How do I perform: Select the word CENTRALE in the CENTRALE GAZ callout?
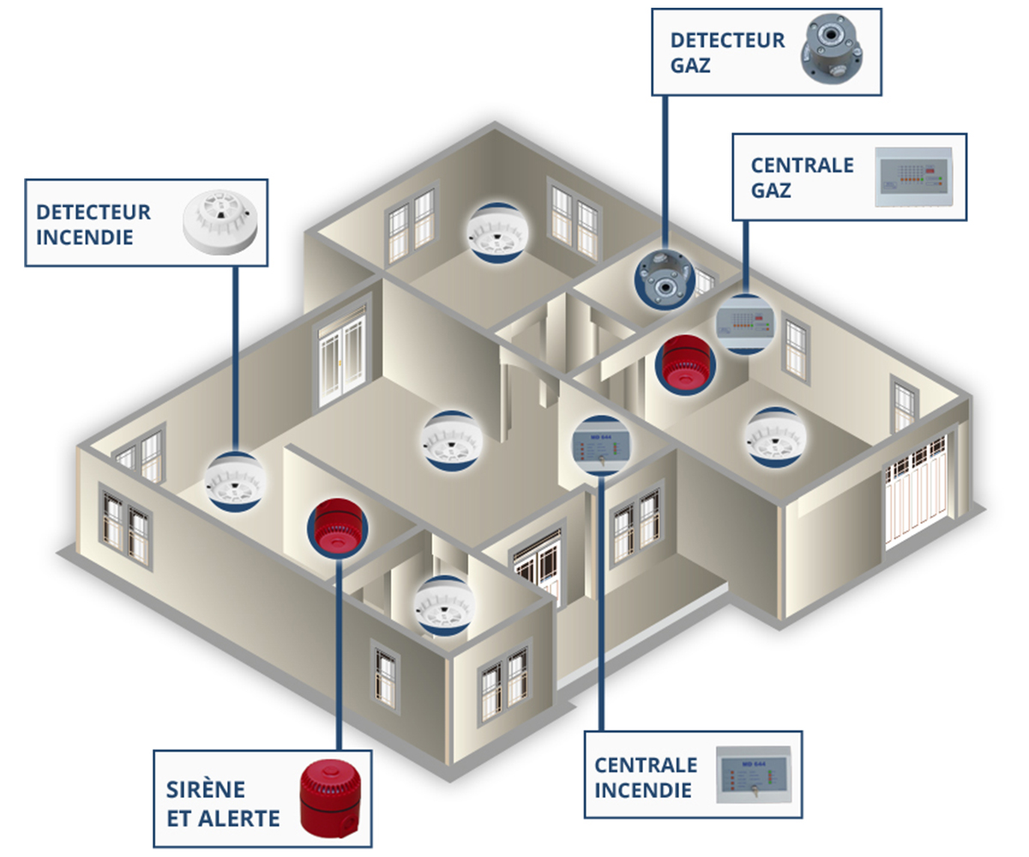(802, 165)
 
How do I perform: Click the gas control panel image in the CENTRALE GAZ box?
(912, 178)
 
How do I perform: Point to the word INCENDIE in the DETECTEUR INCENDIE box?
(85, 237)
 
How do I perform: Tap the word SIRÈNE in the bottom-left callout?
(206, 789)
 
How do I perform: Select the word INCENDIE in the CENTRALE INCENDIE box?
(643, 789)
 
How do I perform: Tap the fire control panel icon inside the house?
(601, 444)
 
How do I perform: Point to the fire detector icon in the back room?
(496, 231)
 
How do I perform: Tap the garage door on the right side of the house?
(918, 491)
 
